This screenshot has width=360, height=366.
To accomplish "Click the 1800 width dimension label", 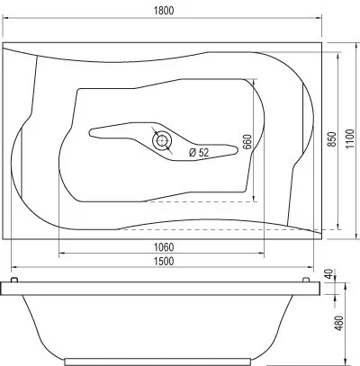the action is (164, 11).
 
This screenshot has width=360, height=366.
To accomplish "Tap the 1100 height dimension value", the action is (350, 139).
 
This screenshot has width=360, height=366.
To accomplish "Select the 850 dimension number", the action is (331, 139).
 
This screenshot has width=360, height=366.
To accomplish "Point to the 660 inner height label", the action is (247, 142).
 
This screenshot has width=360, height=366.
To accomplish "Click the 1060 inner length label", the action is (164, 247).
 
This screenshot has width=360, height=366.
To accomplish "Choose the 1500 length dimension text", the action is (164, 261).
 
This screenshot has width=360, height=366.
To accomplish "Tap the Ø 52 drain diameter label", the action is (199, 153).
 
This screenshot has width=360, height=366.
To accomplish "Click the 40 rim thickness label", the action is (329, 274).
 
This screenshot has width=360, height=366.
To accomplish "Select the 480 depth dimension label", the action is (339, 323).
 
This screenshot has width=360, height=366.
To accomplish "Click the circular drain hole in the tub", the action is (162, 140).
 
